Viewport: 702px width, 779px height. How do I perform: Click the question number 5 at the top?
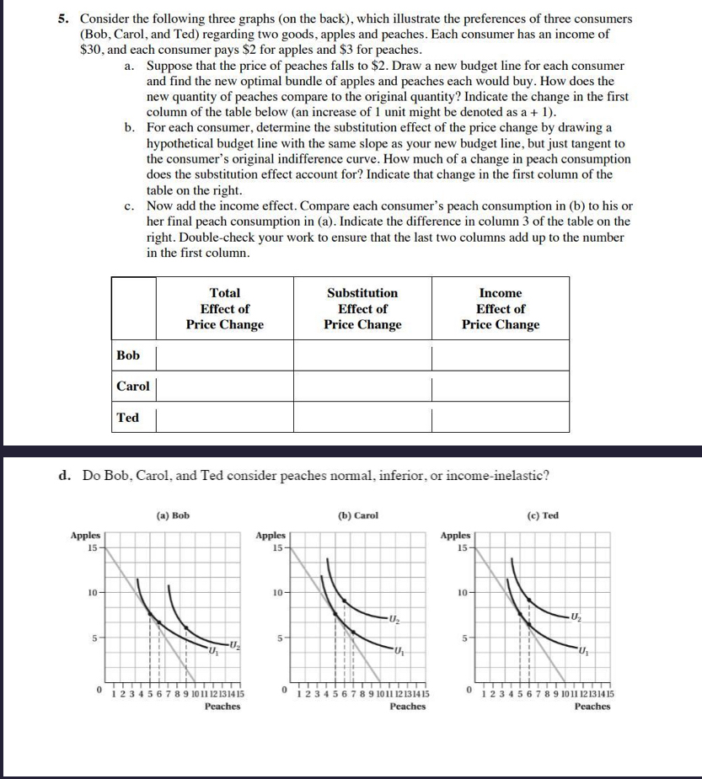[x=62, y=19]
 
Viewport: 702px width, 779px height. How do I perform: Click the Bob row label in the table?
[x=128, y=355]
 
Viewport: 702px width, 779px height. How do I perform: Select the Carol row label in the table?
[x=132, y=387]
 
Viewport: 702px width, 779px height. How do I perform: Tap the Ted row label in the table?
[x=128, y=418]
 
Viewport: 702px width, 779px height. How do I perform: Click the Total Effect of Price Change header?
[x=224, y=309]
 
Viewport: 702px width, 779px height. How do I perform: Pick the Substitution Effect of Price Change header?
[x=362, y=309]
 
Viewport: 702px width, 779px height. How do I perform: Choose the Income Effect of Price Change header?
[x=501, y=309]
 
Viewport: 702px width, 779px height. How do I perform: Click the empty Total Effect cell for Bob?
[x=224, y=356]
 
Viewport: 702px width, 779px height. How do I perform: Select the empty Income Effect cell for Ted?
[x=501, y=419]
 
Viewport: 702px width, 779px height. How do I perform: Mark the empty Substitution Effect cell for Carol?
[x=362, y=387]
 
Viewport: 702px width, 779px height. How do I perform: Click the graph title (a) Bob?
[x=173, y=515]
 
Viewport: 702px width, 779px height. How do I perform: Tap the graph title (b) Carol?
[x=358, y=515]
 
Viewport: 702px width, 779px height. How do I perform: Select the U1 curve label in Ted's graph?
[x=582, y=651]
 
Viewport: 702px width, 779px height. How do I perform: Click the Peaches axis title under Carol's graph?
[x=407, y=707]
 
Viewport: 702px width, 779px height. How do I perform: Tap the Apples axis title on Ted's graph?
[x=456, y=535]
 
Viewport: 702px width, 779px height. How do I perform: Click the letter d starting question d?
[x=63, y=475]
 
